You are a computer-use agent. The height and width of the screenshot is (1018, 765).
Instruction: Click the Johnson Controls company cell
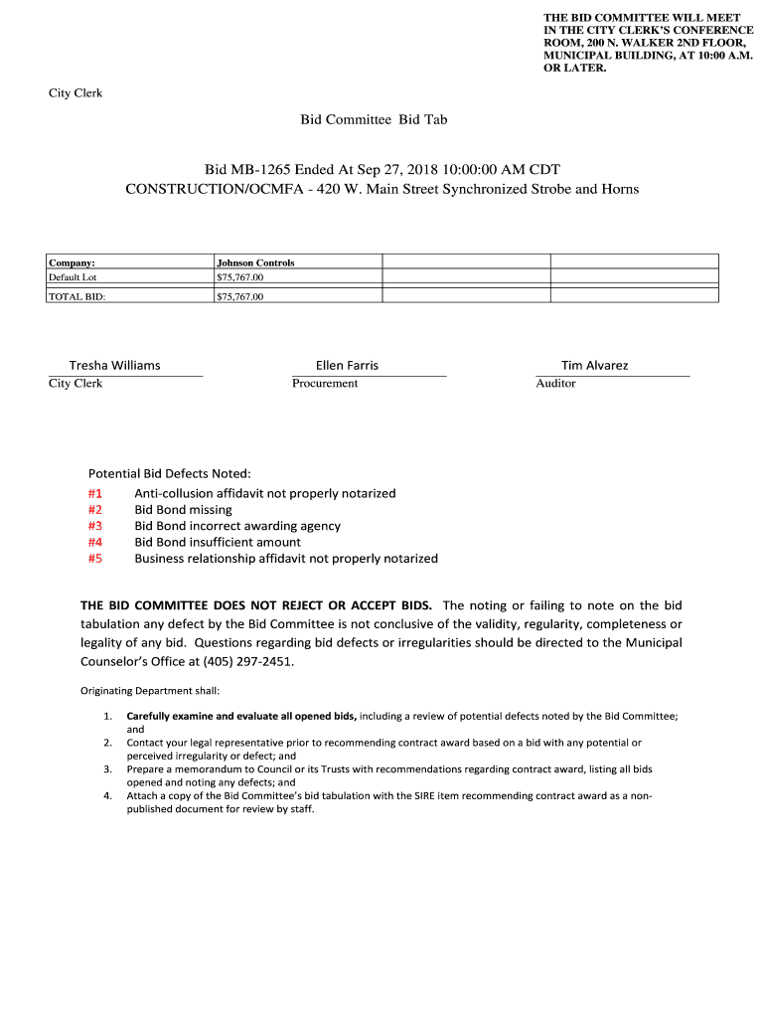point(255,262)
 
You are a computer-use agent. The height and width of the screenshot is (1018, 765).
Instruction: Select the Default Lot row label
point(73,276)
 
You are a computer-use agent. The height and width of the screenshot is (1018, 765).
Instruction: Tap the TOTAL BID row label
point(76,296)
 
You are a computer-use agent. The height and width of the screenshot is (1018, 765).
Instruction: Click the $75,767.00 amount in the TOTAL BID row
point(239,296)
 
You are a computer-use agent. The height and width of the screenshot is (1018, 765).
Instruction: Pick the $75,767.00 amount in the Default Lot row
point(239,276)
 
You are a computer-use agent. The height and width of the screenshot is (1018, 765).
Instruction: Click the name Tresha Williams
point(114,365)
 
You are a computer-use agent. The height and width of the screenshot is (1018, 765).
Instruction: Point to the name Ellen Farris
point(347,365)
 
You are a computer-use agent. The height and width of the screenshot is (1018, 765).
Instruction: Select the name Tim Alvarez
point(594,365)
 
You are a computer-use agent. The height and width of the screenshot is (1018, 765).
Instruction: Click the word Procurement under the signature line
point(325,383)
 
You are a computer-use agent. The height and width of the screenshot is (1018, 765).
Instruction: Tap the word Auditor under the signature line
point(555,383)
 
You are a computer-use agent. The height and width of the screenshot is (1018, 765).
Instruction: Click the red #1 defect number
point(95,493)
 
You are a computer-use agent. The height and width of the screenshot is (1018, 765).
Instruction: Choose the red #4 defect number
point(95,542)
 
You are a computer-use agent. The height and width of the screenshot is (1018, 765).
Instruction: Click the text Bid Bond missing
point(183,509)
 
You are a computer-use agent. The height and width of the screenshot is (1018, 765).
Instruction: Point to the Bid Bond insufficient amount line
point(218,542)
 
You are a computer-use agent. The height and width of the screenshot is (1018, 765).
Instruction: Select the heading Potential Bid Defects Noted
point(170,473)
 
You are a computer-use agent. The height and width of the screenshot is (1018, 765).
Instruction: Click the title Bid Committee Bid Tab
point(375,119)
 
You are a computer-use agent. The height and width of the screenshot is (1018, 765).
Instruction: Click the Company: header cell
point(72,262)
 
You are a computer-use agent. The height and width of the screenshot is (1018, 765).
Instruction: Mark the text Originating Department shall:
point(150,691)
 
